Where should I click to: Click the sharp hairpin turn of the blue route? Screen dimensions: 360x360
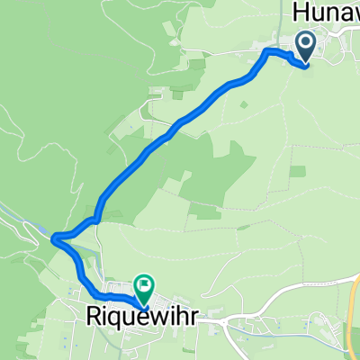[x=56, y=238]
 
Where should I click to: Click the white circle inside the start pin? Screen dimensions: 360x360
[x=305, y=41]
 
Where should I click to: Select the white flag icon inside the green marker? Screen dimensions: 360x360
[x=144, y=284]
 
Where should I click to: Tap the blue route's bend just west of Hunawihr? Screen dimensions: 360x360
[x=267, y=53]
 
